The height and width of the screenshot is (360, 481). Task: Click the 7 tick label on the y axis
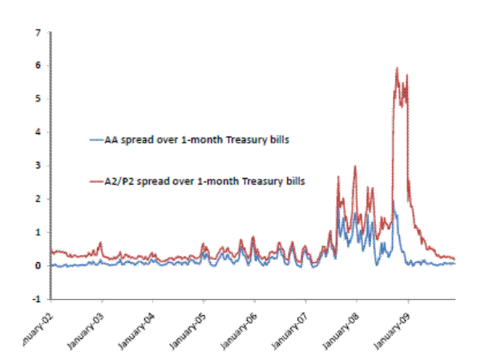[x=38, y=33]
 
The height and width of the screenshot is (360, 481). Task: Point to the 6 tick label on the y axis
[x=38, y=66]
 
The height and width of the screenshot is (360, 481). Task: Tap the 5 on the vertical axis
[x=38, y=99]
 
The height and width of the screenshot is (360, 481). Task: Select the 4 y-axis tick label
[x=38, y=132]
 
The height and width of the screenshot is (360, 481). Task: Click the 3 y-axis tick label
[x=38, y=166]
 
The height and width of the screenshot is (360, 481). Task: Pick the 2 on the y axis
[x=38, y=199]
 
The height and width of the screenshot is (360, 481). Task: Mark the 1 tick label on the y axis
[x=38, y=233]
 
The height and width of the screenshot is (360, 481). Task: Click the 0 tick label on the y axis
[x=38, y=265]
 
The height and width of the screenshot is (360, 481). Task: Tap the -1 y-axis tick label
[x=36, y=299]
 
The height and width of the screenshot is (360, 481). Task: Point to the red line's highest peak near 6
[x=397, y=69]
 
